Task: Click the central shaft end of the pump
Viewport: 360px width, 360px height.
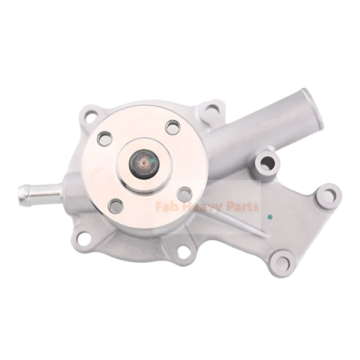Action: (144, 163)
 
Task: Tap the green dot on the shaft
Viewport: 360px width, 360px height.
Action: (152, 160)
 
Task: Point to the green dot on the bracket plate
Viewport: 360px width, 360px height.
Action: (270, 217)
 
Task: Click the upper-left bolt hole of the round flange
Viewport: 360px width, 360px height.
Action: (105, 138)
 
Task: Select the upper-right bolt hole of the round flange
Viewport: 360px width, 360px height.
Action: (173, 127)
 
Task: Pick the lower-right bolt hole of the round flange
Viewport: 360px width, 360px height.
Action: (184, 195)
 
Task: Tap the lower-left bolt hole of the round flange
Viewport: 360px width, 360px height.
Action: (116, 206)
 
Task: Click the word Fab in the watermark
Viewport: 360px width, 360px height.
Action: (163, 207)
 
